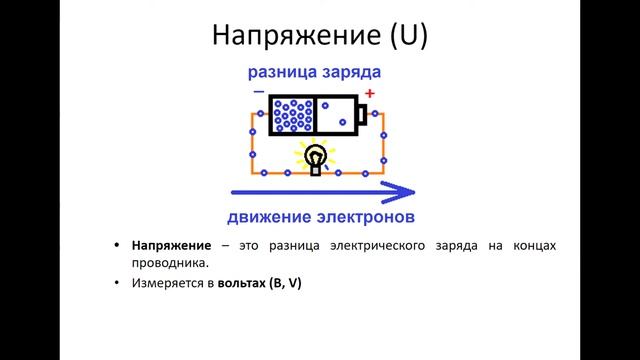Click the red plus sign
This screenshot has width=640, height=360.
click(x=369, y=94)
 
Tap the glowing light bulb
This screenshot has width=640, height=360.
click(x=316, y=158)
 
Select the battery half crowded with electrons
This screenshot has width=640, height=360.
click(x=292, y=115)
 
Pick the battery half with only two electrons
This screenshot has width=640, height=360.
click(x=338, y=115)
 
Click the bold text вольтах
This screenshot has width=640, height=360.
click(x=243, y=284)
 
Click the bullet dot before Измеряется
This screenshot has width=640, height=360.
click(x=118, y=284)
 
